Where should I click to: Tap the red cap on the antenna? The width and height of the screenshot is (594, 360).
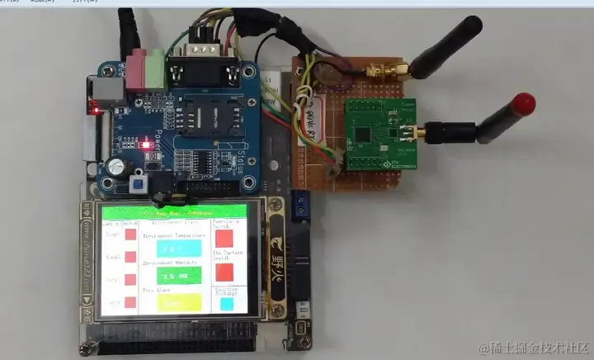[x=523, y=104]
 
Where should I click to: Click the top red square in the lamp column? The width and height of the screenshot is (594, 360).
[x=130, y=235]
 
